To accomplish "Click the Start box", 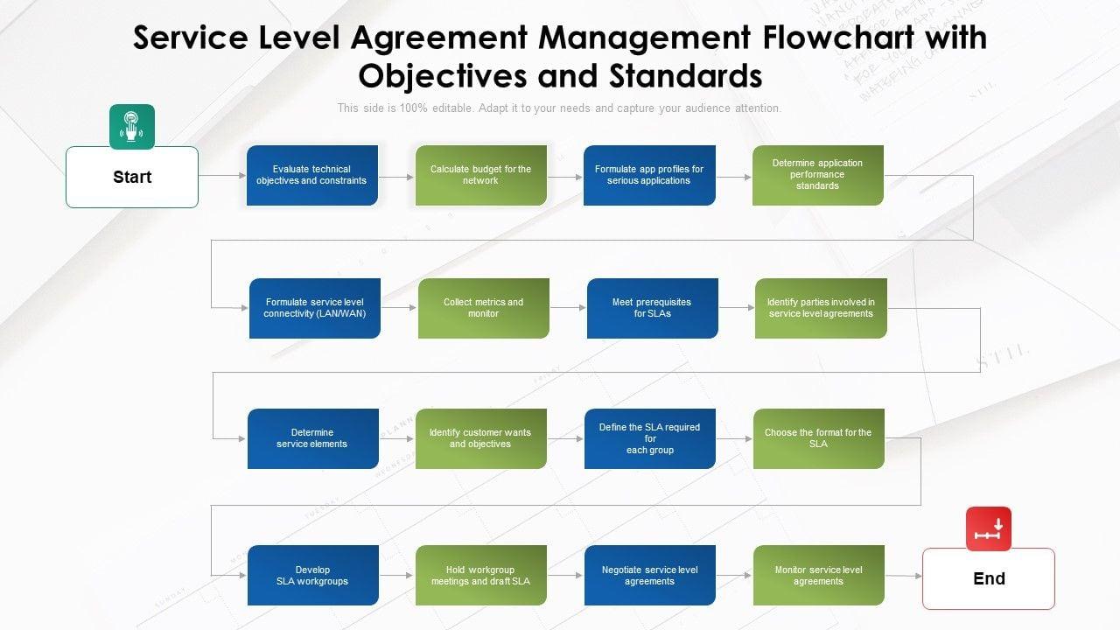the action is click(x=132, y=177).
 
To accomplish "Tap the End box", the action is click(x=989, y=578).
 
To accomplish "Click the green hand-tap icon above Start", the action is click(x=132, y=127).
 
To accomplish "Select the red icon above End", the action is click(x=989, y=529).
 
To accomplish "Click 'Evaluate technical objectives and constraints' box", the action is click(x=312, y=175).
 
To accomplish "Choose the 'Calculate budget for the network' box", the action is click(x=481, y=175).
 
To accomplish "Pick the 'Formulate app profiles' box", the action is click(x=649, y=175).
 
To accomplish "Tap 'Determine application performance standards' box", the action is click(x=818, y=175).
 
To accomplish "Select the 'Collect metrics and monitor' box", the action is click(x=484, y=308).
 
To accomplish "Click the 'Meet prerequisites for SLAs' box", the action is click(x=652, y=308).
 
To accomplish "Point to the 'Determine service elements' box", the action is click(x=312, y=438).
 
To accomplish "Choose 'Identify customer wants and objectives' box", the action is click(x=480, y=438).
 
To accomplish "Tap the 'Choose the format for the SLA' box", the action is click(x=818, y=438).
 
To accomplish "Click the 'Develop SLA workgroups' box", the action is click(x=312, y=575).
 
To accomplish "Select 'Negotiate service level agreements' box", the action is click(x=650, y=575).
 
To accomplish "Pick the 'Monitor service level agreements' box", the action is click(x=819, y=575).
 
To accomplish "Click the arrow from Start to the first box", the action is click(x=222, y=176).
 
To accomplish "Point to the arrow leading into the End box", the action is click(x=904, y=576).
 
